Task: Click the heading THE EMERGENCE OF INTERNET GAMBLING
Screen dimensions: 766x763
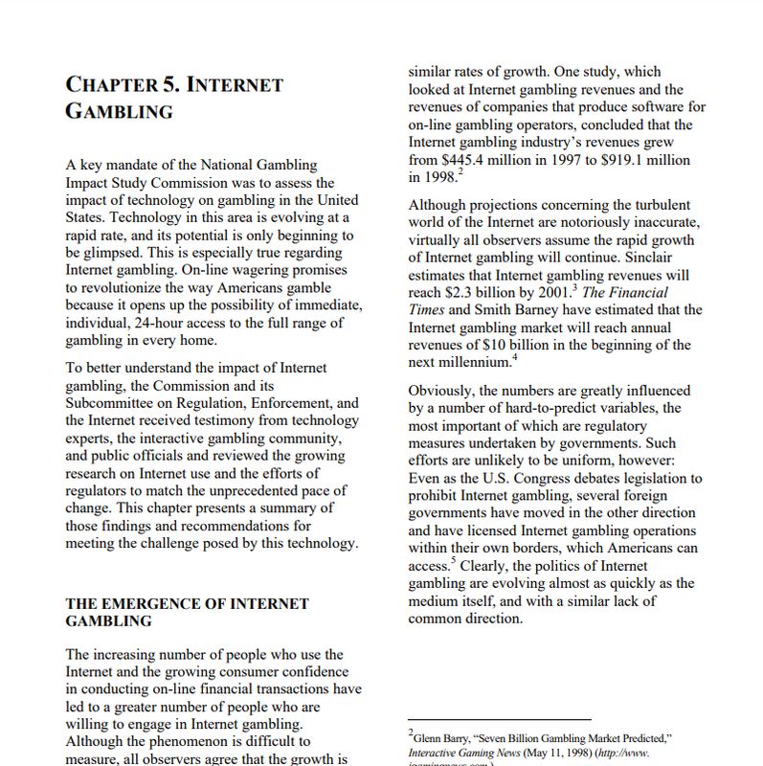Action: [187, 612]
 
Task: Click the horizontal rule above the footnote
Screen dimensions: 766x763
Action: [499, 719]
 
